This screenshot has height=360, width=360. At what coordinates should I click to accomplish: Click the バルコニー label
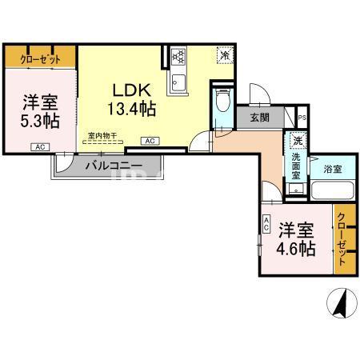click(114, 166)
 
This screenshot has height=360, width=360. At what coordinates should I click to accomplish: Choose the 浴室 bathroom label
click(333, 170)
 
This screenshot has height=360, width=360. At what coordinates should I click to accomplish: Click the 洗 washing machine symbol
click(296, 142)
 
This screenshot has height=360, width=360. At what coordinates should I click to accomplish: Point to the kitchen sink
click(178, 82)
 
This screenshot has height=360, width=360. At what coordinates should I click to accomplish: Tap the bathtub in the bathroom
click(332, 192)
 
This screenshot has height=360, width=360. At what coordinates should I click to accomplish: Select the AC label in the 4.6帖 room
click(265, 226)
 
